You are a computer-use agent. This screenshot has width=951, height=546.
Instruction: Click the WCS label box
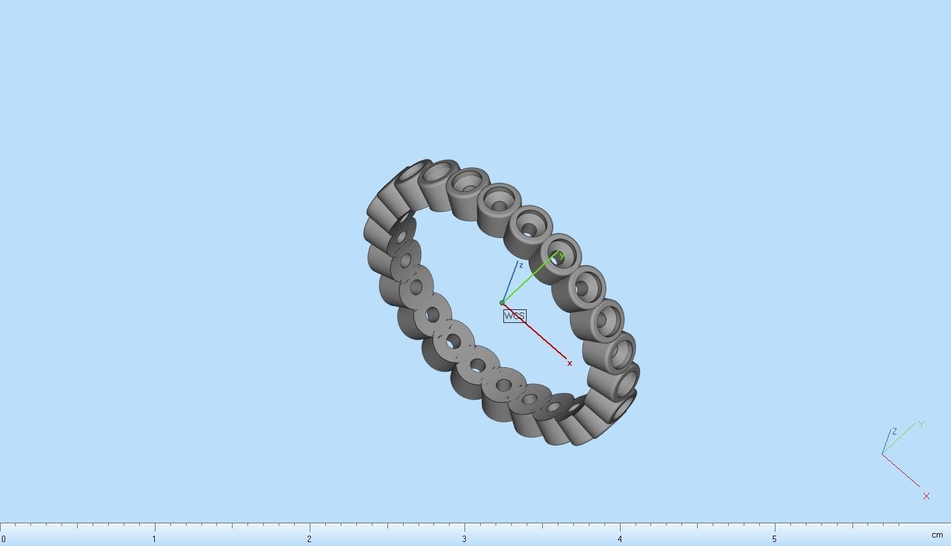(514, 316)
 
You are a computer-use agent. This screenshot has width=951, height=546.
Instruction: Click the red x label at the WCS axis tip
(570, 363)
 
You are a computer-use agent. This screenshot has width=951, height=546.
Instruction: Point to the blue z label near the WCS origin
(521, 265)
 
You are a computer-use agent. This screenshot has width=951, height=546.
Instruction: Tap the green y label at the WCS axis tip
(562, 256)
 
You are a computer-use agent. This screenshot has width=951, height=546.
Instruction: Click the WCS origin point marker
(502, 303)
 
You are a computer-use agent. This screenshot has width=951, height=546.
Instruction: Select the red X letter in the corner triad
(926, 496)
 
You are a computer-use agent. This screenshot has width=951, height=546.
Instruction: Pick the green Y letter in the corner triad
(921, 425)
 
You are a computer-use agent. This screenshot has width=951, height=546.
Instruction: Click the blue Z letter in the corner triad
(895, 431)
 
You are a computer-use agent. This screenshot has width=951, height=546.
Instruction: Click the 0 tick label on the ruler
(3, 539)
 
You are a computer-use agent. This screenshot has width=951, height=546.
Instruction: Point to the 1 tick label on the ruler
(154, 539)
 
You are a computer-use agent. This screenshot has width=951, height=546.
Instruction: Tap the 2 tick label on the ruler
(309, 539)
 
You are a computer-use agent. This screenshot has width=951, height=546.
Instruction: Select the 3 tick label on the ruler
(464, 539)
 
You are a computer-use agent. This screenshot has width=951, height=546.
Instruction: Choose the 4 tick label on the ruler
(619, 539)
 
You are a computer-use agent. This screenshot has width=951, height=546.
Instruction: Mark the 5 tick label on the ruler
(774, 539)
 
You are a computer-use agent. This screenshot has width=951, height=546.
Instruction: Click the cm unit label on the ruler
(937, 535)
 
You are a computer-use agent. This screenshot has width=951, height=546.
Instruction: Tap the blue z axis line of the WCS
(510, 283)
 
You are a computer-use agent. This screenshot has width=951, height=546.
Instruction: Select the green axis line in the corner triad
(899, 439)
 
